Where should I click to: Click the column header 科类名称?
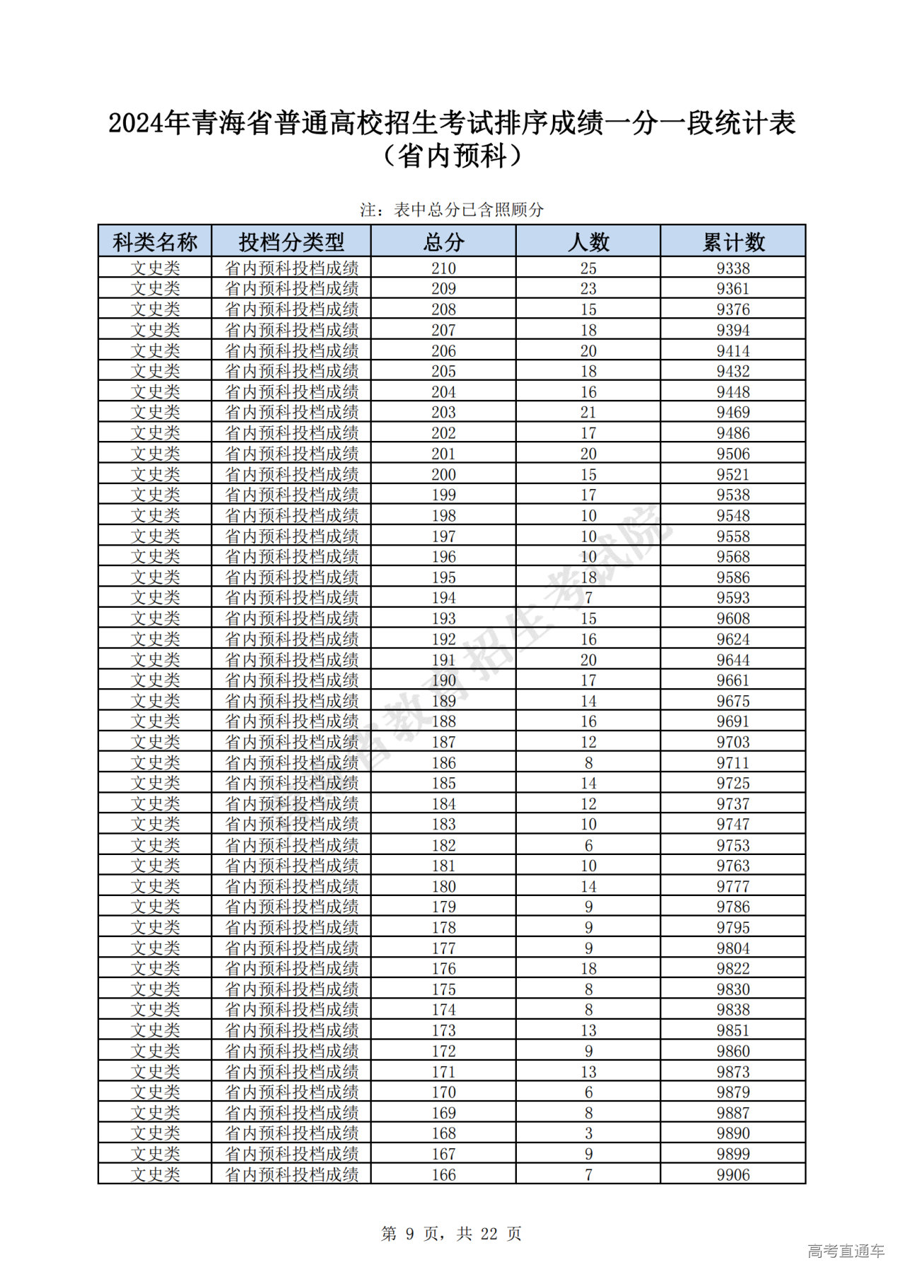point(155,242)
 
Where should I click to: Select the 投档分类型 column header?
point(291,242)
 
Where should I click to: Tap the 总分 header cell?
point(443,242)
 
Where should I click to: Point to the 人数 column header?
point(588,242)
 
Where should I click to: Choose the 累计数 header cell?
point(733,242)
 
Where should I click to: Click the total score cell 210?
point(443,269)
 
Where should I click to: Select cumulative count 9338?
point(733,269)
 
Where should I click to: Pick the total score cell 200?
point(443,475)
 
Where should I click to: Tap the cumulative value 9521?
point(733,475)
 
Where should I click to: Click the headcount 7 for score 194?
point(588,598)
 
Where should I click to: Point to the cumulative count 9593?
point(733,598)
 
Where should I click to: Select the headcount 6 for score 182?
point(588,845)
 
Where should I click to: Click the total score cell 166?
point(443,1175)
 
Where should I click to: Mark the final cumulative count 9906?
point(733,1175)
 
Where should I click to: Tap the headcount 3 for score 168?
point(588,1133)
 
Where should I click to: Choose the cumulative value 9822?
point(733,969)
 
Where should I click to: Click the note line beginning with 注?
point(452,210)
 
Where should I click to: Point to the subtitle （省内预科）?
point(452,156)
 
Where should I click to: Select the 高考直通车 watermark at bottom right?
point(846,1251)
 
